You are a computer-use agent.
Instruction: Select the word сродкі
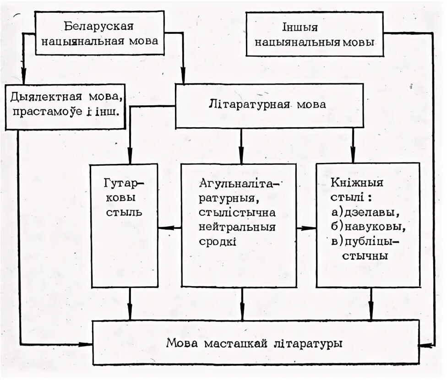[218, 241]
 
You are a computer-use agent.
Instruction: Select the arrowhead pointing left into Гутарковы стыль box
[162, 228]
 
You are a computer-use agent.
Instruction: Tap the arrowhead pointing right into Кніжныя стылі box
[312, 228]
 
